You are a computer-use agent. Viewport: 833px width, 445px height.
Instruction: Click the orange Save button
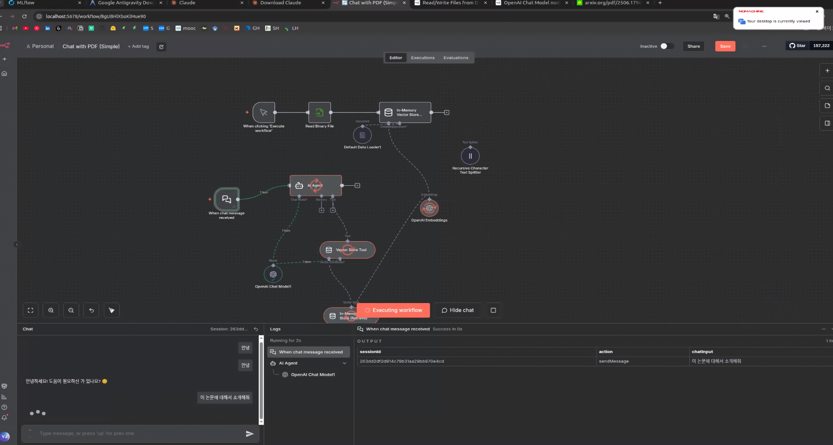click(725, 46)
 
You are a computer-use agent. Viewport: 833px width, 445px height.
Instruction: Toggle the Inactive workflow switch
click(667, 46)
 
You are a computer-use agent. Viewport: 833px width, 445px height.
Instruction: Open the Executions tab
click(422, 58)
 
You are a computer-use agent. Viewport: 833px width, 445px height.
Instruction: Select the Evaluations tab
click(456, 58)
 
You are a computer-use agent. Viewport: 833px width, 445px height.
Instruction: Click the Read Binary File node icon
click(319, 112)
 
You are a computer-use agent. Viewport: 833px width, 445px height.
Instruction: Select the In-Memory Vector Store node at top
click(405, 112)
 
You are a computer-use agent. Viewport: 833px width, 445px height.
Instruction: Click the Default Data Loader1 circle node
click(362, 135)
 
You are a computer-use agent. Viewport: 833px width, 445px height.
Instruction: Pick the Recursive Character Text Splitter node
click(470, 156)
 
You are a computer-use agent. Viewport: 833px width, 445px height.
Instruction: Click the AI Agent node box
click(316, 186)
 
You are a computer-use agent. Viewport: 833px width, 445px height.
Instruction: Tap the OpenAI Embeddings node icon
click(429, 208)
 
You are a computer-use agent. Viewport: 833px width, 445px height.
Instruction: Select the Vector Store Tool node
click(347, 250)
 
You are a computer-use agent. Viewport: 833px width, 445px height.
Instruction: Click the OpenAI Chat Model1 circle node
click(273, 274)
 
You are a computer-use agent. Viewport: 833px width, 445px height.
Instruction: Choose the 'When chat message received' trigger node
click(226, 199)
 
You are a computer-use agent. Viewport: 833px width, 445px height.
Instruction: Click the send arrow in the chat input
click(250, 434)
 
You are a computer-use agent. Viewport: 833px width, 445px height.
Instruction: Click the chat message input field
click(136, 434)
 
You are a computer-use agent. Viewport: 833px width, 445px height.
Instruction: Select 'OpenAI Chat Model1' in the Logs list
click(313, 374)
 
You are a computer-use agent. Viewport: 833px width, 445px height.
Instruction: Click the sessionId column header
click(370, 352)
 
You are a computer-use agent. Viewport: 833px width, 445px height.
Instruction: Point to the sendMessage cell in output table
click(614, 361)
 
